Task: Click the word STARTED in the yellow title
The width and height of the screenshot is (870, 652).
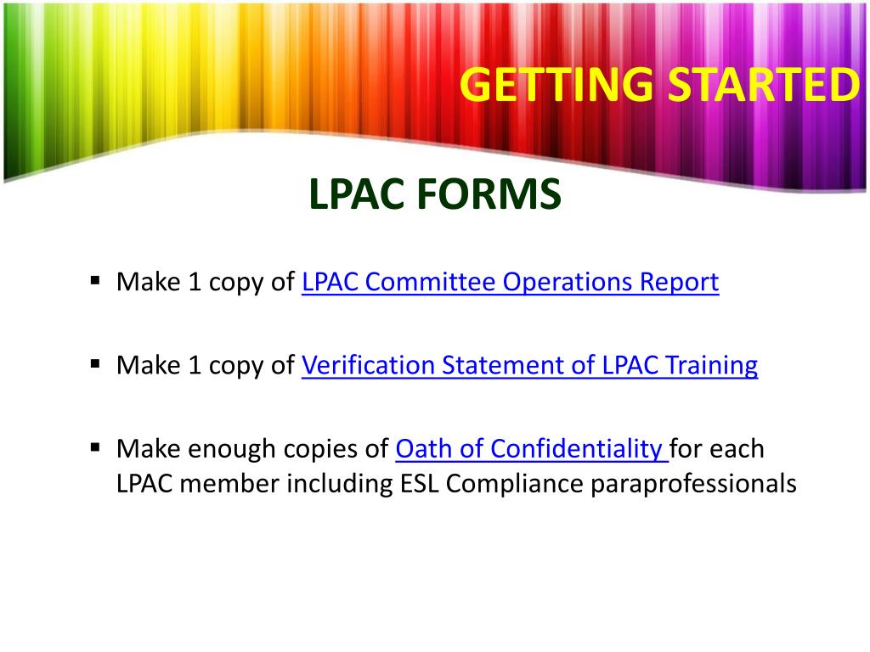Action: click(761, 85)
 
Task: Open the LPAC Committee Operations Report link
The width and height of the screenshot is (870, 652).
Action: click(510, 282)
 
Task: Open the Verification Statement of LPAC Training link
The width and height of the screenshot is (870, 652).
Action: click(529, 365)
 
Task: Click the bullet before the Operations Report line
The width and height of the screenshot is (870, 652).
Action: click(95, 278)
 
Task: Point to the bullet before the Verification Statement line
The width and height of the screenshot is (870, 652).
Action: click(95, 363)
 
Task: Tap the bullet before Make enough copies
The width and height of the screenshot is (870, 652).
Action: click(95, 446)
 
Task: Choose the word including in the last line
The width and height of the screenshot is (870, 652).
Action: click(340, 484)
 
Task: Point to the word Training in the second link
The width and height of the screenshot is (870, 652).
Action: click(711, 366)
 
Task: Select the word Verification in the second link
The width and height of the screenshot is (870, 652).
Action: click(362, 365)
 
